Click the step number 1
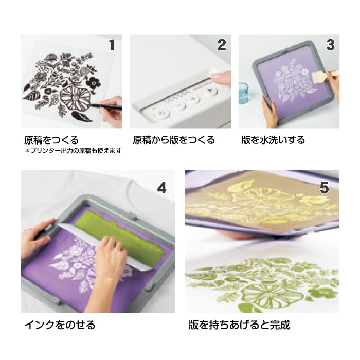pyautogui.click(x=112, y=45)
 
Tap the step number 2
pyautogui.click(x=222, y=45)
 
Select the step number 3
pyautogui.click(x=330, y=45)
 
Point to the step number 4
pyautogui.click(x=161, y=188)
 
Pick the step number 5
pyautogui.click(x=324, y=188)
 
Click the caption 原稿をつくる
pyautogui.click(x=51, y=140)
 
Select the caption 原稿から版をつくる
pyautogui.click(x=174, y=140)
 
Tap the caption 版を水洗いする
pyautogui.click(x=273, y=140)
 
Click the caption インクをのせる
pyautogui.click(x=60, y=325)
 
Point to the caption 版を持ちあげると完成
pyautogui.click(x=239, y=325)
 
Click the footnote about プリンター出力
pyautogui.click(x=73, y=151)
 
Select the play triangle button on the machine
pyautogui.click(x=210, y=92)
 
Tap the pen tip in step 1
pyautogui.click(x=92, y=105)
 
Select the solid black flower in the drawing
pyautogui.click(x=94, y=83)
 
